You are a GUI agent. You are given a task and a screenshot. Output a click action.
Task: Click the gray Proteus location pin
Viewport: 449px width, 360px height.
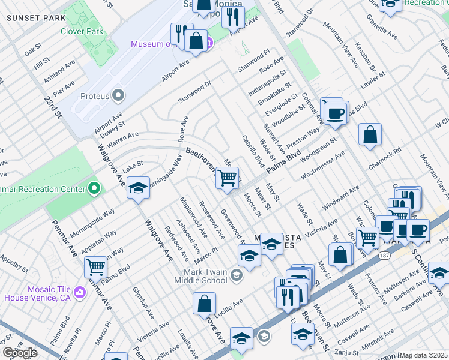pyautogui.click(x=118, y=95)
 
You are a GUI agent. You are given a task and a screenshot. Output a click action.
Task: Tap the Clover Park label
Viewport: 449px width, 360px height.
pyautogui.click(x=83, y=31)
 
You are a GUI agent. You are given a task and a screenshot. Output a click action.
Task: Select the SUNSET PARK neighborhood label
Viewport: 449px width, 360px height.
pyautogui.click(x=35, y=17)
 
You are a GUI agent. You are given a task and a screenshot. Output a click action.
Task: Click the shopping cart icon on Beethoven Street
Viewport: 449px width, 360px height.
pyautogui.click(x=227, y=178)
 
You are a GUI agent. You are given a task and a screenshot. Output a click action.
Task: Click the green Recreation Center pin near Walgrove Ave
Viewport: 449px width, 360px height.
pyautogui.click(x=93, y=189)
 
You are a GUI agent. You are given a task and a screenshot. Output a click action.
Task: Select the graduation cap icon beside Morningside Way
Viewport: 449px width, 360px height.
pyautogui.click(x=138, y=189)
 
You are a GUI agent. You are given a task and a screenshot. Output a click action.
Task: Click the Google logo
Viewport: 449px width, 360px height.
pyautogui.click(x=19, y=353)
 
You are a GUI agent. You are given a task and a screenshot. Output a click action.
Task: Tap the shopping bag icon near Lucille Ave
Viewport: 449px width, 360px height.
pyautogui.click(x=204, y=304)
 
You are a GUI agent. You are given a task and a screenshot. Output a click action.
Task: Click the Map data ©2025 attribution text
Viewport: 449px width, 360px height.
pyautogui.click(x=423, y=355)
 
